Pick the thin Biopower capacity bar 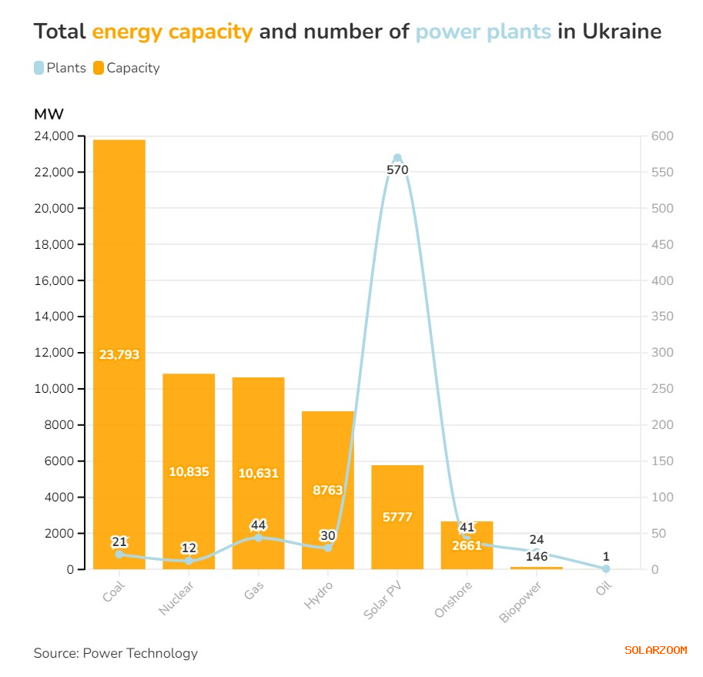coord(537,568)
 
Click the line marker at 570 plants coord(397,158)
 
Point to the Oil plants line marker coord(606,568)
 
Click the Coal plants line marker coord(119,554)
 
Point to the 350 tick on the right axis coord(662,317)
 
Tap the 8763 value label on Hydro coord(328,490)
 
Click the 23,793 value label coord(119,355)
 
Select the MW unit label coord(49,115)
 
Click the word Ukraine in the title coord(621,32)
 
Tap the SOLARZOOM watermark coord(655,650)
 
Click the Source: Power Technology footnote coord(115,653)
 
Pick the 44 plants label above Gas coord(258,525)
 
